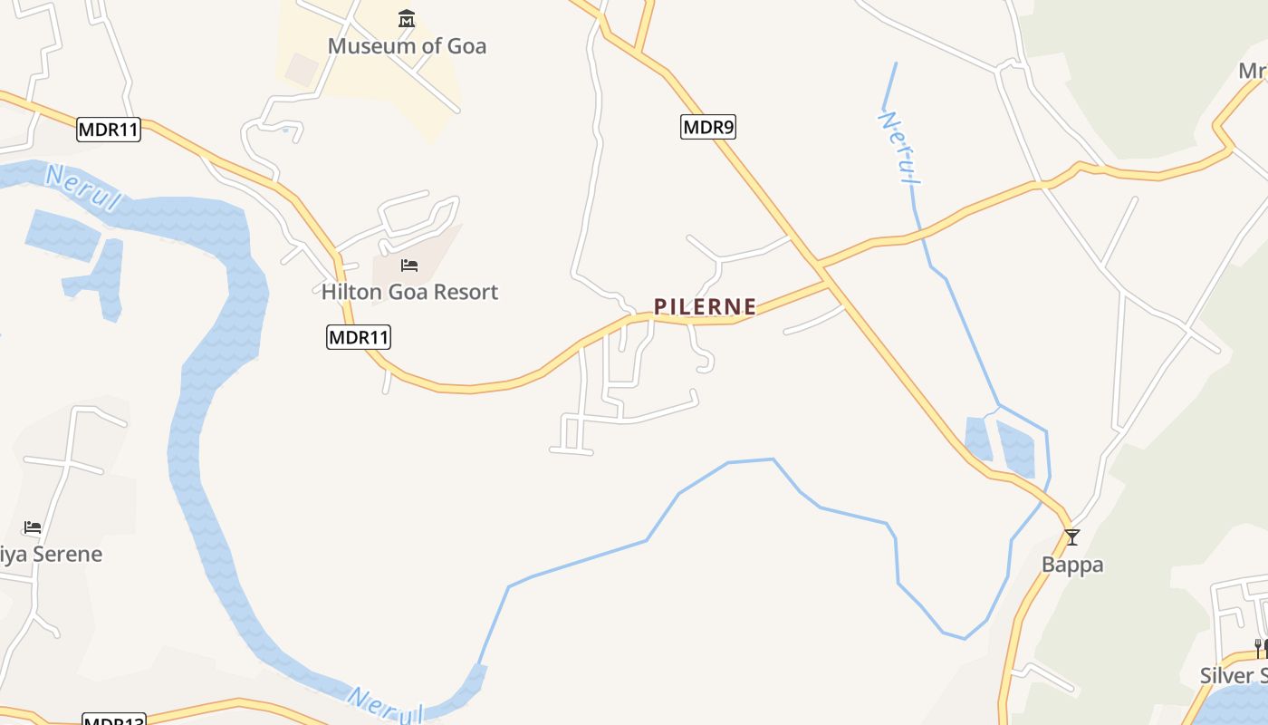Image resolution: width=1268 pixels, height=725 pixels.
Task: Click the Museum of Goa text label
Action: pyautogui.click(x=407, y=45)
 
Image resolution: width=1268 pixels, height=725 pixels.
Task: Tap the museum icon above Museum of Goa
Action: pyautogui.click(x=407, y=19)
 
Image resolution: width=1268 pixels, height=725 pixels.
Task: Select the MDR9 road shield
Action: pyautogui.click(x=708, y=127)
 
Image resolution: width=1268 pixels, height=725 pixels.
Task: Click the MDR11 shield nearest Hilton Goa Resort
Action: pyautogui.click(x=359, y=338)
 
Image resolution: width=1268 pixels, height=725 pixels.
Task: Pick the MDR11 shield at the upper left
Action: pyautogui.click(x=109, y=130)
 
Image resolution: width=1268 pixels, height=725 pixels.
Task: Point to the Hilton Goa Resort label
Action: pyautogui.click(x=409, y=292)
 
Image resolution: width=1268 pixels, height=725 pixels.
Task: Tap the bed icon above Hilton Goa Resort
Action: pyautogui.click(x=409, y=266)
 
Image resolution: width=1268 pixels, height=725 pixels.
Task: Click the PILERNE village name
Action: pyautogui.click(x=705, y=307)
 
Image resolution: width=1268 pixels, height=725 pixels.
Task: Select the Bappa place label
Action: pyautogui.click(x=1072, y=565)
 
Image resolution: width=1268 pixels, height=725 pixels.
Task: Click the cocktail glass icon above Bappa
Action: pyautogui.click(x=1072, y=537)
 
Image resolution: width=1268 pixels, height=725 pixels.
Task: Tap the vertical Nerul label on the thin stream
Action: pyautogui.click(x=899, y=148)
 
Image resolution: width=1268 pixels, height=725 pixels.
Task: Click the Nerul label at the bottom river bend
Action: pyautogui.click(x=385, y=705)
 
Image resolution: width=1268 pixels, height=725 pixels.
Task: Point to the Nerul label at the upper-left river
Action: pyautogui.click(x=82, y=188)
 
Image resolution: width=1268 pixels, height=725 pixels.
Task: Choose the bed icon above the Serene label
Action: pyautogui.click(x=33, y=527)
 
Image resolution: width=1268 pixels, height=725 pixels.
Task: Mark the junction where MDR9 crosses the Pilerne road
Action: pyautogui.click(x=821, y=267)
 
